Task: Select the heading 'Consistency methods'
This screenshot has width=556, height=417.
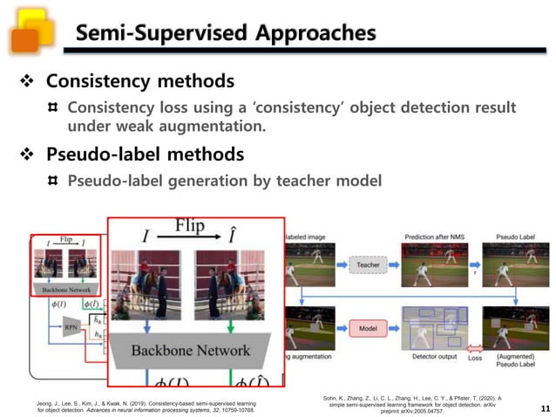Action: tap(139, 81)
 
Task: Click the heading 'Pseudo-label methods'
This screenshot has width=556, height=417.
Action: tap(144, 154)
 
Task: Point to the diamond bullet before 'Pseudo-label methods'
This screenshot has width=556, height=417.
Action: tap(26, 155)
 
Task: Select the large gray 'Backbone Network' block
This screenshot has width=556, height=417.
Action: tap(190, 351)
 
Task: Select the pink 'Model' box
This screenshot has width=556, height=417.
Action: tap(368, 328)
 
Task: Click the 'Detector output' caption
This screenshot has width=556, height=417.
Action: tap(435, 358)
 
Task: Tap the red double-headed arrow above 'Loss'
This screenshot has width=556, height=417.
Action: tap(475, 348)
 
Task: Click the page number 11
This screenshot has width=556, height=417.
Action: tap(545, 407)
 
